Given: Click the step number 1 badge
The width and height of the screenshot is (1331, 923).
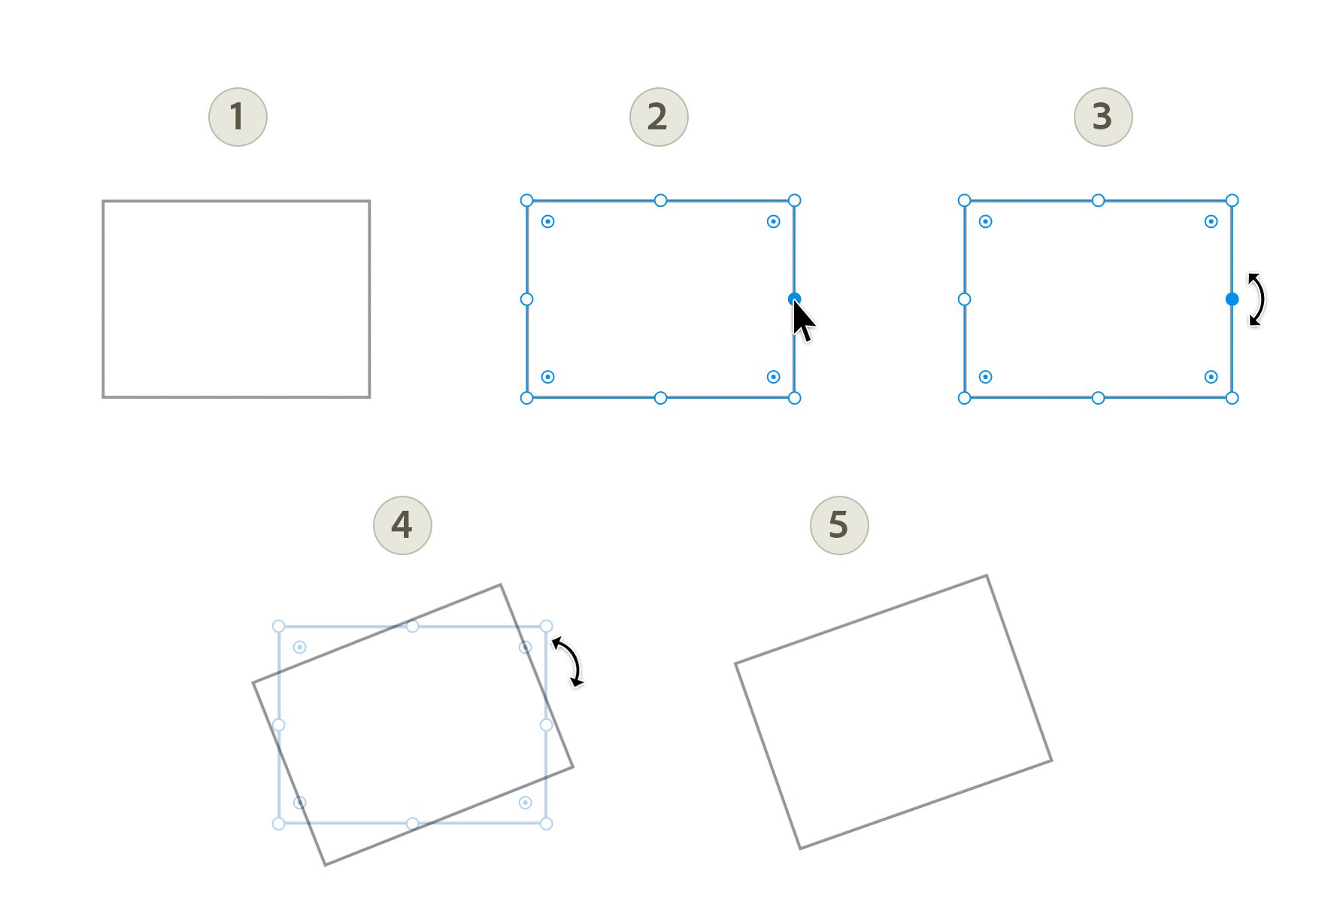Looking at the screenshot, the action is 238,117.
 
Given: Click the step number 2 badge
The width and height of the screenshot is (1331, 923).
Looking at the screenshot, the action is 659,117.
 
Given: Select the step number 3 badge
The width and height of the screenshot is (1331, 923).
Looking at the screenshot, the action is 1103,117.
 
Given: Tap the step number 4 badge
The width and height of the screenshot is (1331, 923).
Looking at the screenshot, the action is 402,525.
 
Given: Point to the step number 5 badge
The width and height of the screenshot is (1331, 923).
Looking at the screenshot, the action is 839,525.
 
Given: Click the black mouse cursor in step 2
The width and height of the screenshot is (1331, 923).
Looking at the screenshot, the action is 802,320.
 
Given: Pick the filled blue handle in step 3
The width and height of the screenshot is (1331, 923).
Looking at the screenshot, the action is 1232,299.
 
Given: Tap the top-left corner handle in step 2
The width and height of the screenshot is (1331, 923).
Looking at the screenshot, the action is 526,200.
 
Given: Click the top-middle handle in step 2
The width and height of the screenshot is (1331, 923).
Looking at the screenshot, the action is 660,200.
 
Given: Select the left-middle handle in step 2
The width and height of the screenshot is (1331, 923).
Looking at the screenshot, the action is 526,299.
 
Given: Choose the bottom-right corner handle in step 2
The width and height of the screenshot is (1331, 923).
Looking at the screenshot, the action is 794,398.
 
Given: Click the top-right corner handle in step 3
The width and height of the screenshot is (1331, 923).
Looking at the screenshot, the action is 1232,200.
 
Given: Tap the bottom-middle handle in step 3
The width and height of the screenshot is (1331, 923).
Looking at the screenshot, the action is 1098,398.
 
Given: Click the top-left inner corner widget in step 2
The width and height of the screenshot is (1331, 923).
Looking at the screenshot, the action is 547,221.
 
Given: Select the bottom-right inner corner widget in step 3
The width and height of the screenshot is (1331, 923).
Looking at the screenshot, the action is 1211,377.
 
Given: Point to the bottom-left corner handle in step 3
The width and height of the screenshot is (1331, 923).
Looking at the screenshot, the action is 964,398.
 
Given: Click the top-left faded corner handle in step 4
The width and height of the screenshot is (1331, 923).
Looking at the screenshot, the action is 278,626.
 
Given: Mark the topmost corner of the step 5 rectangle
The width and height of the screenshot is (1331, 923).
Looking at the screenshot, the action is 987,576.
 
